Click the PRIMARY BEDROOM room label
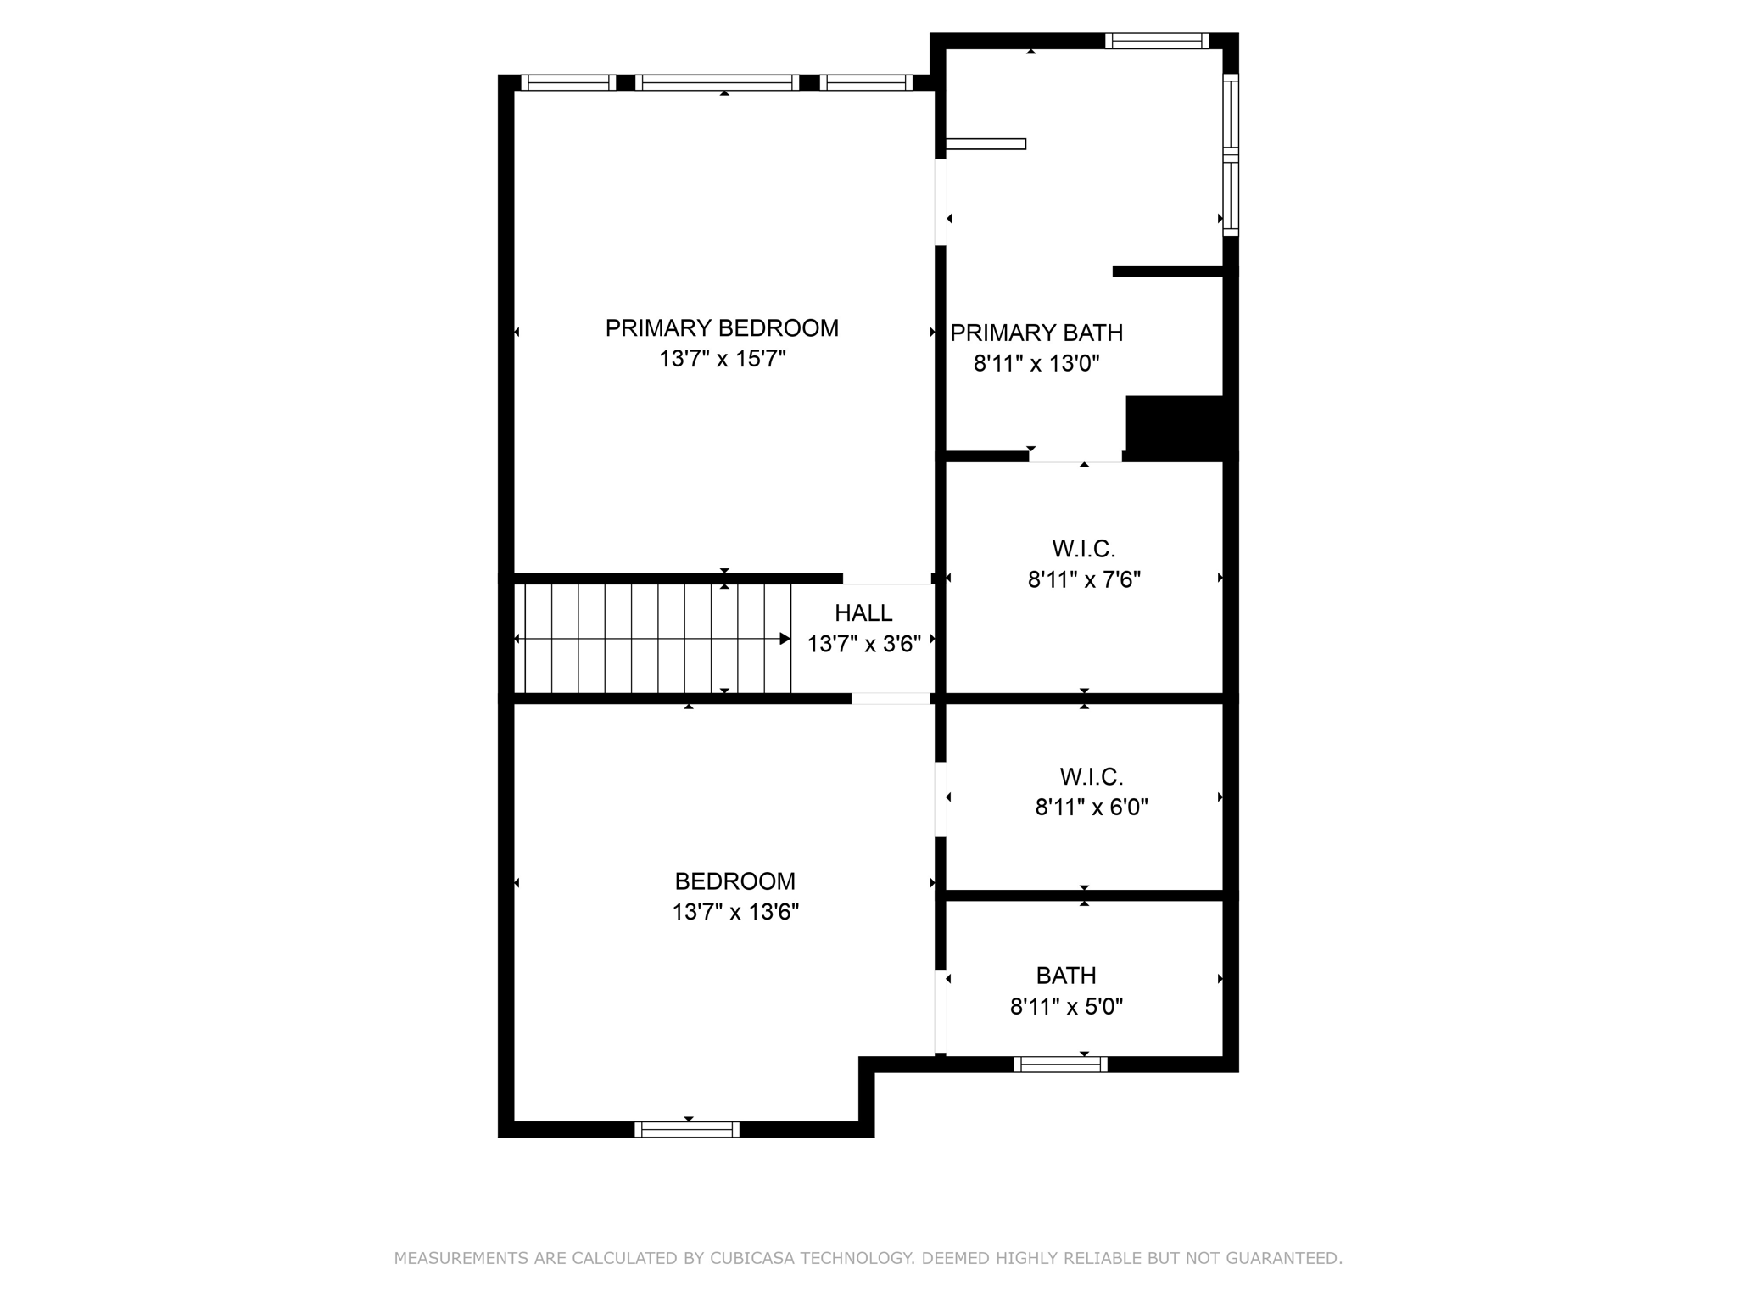(722, 328)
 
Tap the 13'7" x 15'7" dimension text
(722, 359)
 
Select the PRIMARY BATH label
(1036, 333)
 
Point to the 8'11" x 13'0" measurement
(1036, 364)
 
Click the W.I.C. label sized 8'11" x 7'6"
(1084, 549)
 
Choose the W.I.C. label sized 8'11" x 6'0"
(1092, 776)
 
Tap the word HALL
(863, 613)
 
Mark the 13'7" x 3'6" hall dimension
(863, 645)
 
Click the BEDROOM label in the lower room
(735, 881)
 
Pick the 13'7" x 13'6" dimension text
(735, 913)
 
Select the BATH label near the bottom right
(1066, 976)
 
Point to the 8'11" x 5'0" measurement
(1066, 1007)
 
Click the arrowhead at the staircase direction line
(785, 639)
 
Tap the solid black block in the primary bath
(1175, 427)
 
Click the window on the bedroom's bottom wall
(687, 1129)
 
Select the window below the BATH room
(1061, 1065)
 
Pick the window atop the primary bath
(1157, 41)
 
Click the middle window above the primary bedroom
(718, 82)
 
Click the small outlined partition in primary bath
(986, 144)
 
